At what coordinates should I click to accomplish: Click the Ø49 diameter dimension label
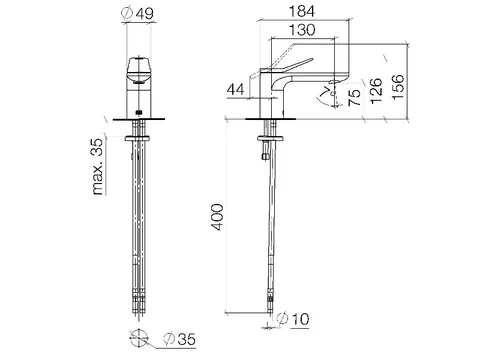(x=138, y=13)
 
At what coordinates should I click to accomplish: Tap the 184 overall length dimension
(x=301, y=11)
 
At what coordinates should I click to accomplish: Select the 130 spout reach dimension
(x=301, y=30)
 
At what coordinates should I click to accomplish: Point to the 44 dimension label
(x=235, y=89)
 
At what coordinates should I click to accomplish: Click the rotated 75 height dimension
(x=354, y=97)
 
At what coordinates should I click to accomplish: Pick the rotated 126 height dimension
(x=376, y=91)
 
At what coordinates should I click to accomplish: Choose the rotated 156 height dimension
(x=398, y=87)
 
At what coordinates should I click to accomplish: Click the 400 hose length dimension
(x=217, y=217)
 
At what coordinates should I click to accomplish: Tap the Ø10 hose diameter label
(x=293, y=319)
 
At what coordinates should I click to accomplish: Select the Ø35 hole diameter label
(x=179, y=339)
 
